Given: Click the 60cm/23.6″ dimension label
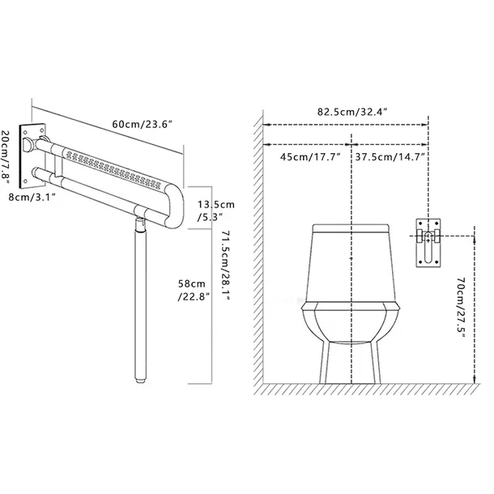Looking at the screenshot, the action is click(x=143, y=124).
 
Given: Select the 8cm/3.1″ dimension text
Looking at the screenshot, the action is click(x=32, y=198).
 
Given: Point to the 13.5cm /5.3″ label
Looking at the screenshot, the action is click(x=216, y=211).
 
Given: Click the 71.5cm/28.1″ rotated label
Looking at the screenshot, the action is click(x=226, y=266).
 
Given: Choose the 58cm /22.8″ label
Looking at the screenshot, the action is click(x=194, y=290).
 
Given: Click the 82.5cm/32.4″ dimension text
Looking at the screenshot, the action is click(x=352, y=112).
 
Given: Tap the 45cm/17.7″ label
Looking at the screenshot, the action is click(x=311, y=156).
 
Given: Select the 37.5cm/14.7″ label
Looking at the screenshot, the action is click(x=390, y=156).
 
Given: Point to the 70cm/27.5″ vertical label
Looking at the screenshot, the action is click(x=461, y=308).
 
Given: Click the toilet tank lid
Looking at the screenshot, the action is click(x=351, y=228).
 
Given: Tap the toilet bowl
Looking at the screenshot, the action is click(x=351, y=322).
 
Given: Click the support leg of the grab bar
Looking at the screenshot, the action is click(x=141, y=300).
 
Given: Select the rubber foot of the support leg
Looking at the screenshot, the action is click(x=141, y=378).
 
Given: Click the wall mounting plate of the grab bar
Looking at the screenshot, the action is click(x=32, y=155).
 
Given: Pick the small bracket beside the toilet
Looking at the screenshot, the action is click(x=428, y=243).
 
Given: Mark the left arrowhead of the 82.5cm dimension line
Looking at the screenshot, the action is click(x=266, y=125).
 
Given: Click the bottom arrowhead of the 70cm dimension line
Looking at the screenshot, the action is click(x=475, y=380).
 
